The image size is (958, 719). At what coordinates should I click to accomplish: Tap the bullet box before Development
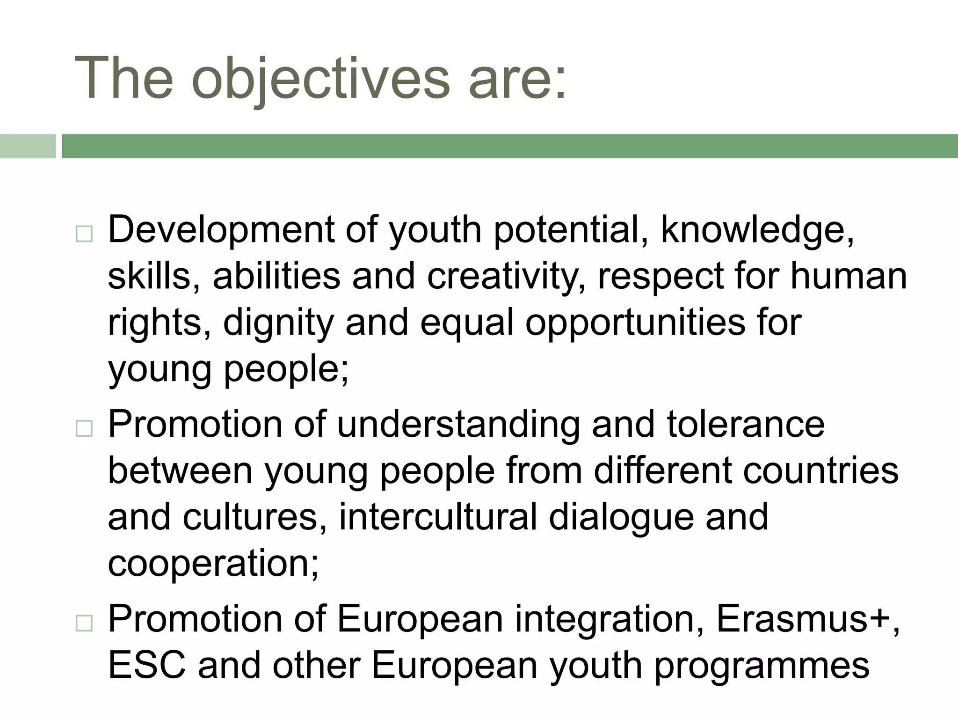tap(84, 233)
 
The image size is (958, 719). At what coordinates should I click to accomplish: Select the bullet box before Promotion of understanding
tap(84, 428)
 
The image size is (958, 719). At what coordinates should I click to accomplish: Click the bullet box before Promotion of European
tap(84, 623)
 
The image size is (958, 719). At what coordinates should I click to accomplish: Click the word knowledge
tap(756, 230)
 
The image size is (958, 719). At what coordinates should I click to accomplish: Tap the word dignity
tap(278, 323)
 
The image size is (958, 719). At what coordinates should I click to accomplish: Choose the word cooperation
tap(213, 564)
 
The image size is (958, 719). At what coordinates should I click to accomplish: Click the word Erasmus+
tap(807, 619)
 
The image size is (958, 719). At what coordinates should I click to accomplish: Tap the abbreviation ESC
tap(147, 666)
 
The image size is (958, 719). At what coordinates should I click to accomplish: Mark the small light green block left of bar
tap(27, 146)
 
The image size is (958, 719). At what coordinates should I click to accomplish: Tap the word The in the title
tap(124, 79)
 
